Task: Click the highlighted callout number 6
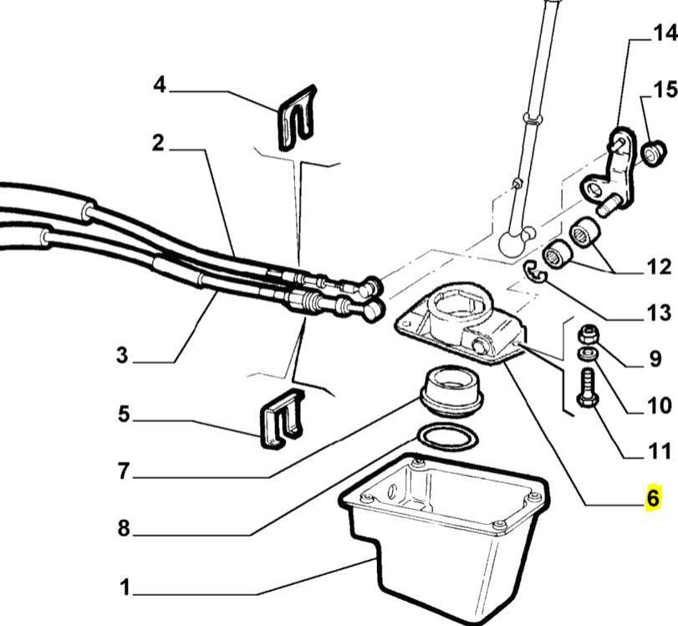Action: [x=653, y=498]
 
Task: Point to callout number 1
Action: [x=124, y=588]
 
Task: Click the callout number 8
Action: [x=124, y=528]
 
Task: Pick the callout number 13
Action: [x=658, y=313]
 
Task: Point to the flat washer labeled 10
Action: [x=588, y=357]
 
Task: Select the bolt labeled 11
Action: [x=587, y=389]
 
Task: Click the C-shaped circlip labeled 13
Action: [x=534, y=272]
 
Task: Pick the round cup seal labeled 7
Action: [x=451, y=389]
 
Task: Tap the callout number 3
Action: [x=124, y=355]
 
